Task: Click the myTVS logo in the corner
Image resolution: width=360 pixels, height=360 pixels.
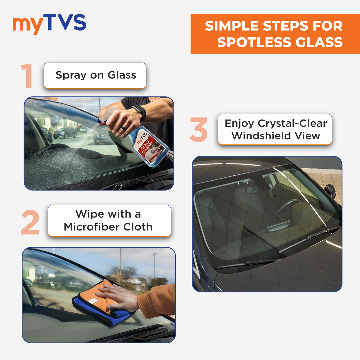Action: [x=49, y=24]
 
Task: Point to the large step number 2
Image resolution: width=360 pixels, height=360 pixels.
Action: [x=30, y=224]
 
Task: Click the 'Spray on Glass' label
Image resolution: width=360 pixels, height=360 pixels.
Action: [x=96, y=75]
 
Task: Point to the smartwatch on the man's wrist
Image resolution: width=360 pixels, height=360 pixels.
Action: [x=138, y=113]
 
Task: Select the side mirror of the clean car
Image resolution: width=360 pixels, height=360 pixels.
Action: [x=331, y=191]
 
